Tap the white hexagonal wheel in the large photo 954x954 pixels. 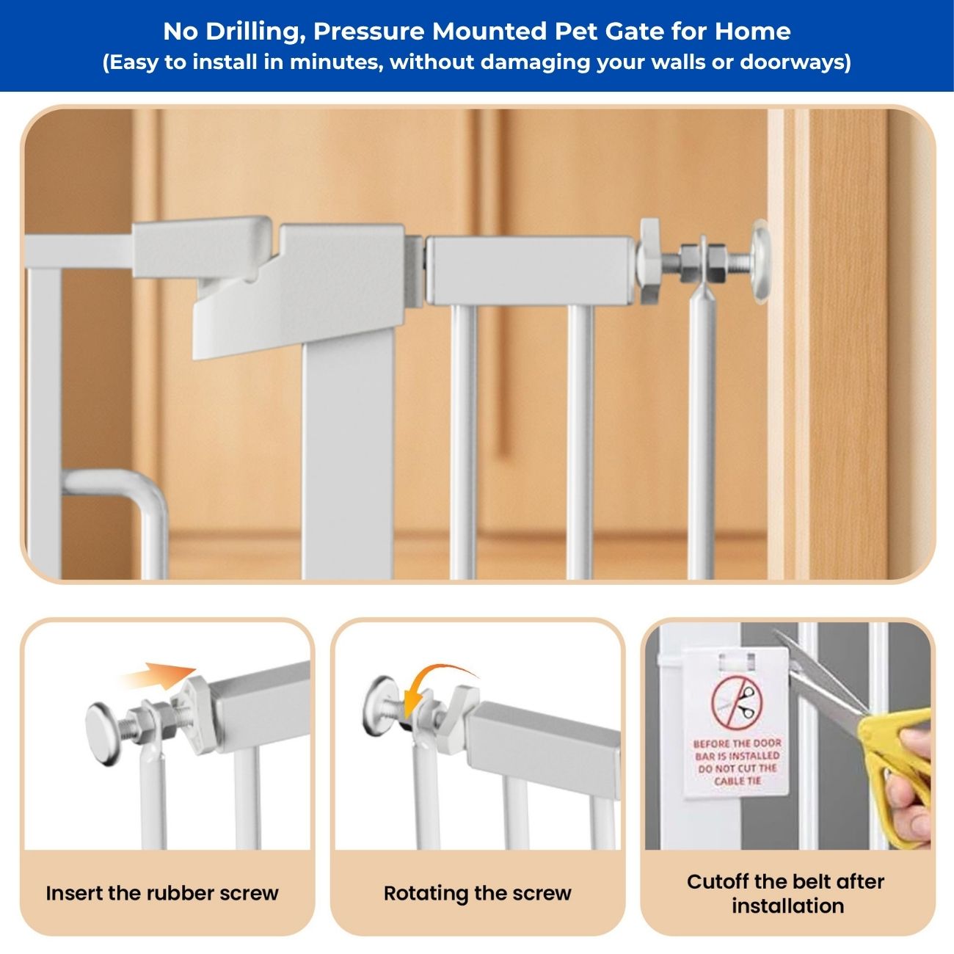649,261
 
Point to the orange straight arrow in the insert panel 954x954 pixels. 158,675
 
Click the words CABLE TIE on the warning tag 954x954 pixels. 738,781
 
